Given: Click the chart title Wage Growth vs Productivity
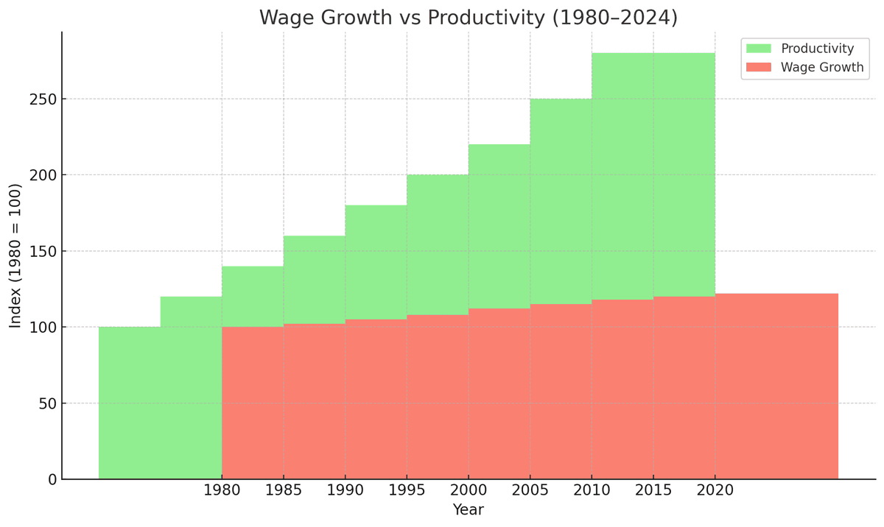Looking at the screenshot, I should click(x=468, y=18).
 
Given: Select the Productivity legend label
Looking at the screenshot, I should click(x=817, y=49).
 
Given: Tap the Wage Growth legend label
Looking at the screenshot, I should click(x=821, y=68).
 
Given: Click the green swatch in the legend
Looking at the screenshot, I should click(x=758, y=49).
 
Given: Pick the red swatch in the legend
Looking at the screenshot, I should click(x=758, y=68).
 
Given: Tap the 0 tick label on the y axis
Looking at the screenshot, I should click(x=52, y=480).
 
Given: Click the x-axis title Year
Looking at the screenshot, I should click(x=468, y=510).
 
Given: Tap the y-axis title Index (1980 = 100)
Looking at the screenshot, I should click(x=15, y=255).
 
